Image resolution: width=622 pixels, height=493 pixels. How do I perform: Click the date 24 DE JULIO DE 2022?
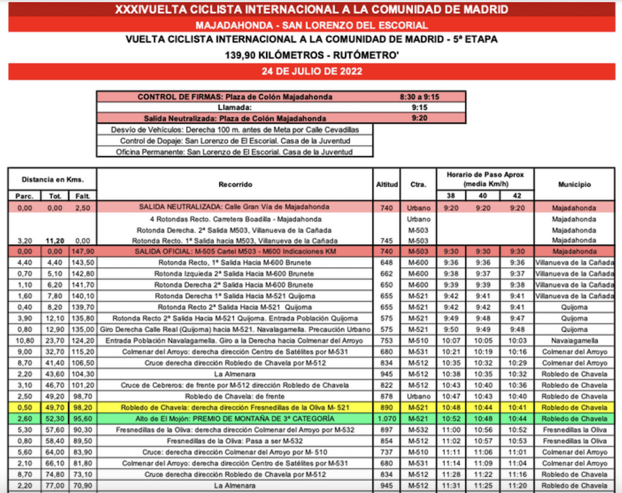tap(311, 71)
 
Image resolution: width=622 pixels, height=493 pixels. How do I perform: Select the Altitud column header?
tap(386, 185)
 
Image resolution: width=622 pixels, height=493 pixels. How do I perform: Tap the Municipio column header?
tap(573, 185)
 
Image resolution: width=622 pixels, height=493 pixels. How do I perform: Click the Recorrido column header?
tap(235, 185)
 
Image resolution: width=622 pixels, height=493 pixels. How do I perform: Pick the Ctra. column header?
tap(418, 185)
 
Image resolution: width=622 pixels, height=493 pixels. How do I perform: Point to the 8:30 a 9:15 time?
tap(420, 97)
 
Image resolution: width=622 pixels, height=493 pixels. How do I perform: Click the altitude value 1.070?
tap(386, 418)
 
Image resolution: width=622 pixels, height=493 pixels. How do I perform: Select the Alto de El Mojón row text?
tap(235, 418)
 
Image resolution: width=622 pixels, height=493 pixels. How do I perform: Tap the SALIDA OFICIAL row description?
tap(235, 251)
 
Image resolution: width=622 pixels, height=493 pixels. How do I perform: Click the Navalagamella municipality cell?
tap(573, 341)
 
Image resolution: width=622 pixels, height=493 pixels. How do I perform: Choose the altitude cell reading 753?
tap(386, 341)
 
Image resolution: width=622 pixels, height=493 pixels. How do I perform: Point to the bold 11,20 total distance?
tap(53, 240)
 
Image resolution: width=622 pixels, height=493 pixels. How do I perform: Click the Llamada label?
tap(235, 107)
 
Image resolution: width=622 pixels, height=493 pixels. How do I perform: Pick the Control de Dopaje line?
tap(235, 141)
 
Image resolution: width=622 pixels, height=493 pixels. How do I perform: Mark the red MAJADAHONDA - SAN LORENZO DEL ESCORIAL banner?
tap(311, 25)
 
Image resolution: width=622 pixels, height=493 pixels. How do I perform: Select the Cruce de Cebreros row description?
tap(235, 385)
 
